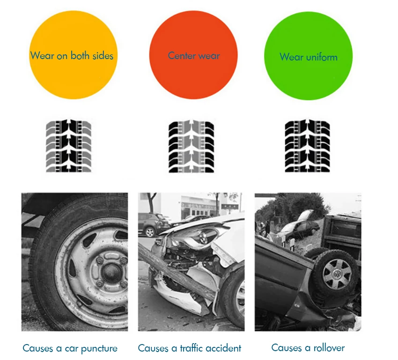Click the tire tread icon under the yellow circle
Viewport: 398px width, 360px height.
coord(69,146)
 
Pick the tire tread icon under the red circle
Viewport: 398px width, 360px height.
coord(191,146)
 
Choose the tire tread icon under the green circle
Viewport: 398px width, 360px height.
coord(308,146)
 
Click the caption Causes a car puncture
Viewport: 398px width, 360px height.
coord(70,348)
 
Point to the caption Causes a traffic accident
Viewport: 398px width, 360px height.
coord(190,348)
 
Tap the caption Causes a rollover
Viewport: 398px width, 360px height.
coord(308,348)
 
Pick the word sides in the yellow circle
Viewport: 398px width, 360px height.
coord(103,56)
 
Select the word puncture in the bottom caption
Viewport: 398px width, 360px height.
coord(99,349)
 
